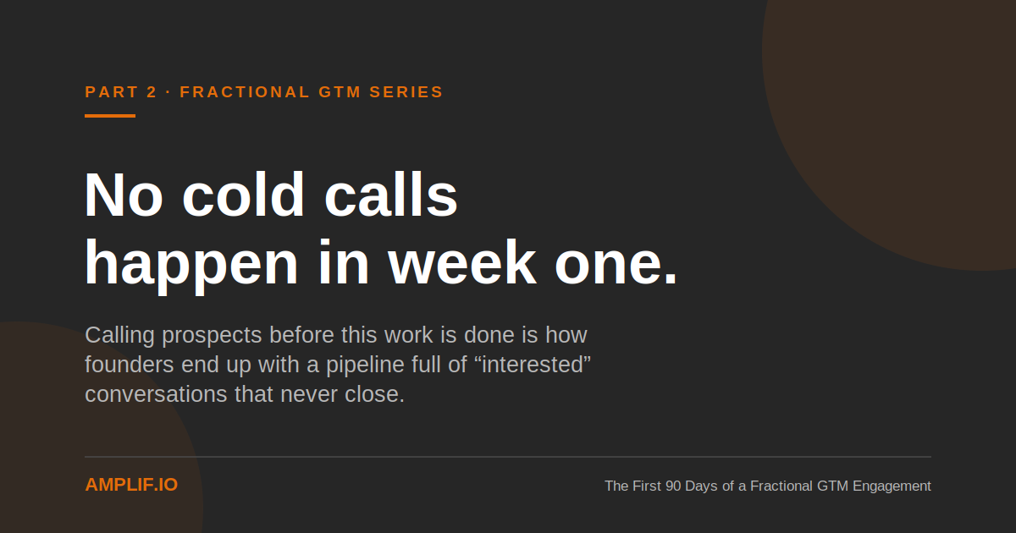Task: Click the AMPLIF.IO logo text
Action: (x=131, y=485)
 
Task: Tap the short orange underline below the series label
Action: (x=110, y=116)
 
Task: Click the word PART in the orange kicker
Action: (x=112, y=92)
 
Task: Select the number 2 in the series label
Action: (x=152, y=92)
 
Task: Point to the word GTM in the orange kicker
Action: (x=340, y=92)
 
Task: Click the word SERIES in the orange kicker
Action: (x=406, y=92)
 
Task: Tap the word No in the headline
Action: (x=124, y=195)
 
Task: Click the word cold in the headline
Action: (x=243, y=194)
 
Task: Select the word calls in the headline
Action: (x=391, y=194)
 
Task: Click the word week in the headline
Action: (x=462, y=262)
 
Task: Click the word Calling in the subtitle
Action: (x=119, y=336)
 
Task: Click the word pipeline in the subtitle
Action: (x=365, y=365)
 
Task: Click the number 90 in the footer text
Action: (x=673, y=486)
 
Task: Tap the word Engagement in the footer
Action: (x=892, y=486)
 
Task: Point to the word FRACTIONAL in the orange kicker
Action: (x=245, y=92)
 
